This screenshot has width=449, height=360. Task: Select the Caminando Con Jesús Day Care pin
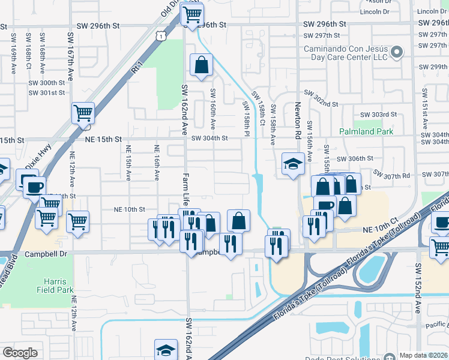coord(396,53)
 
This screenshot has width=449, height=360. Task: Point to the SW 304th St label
coord(209,139)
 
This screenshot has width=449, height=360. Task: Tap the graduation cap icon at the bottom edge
coord(166,350)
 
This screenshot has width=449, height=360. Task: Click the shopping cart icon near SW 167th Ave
coord(83,112)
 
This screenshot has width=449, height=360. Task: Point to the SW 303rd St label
coord(378,114)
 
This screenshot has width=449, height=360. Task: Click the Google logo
coord(20,353)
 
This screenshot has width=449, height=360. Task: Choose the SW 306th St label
coord(355,158)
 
